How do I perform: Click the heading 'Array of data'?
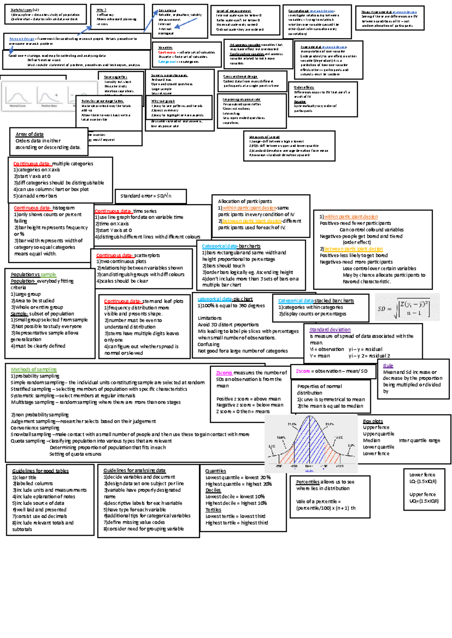pyautogui.click(x=29, y=134)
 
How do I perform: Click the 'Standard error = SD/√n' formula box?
pyautogui.click(x=146, y=196)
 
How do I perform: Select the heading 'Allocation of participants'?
pyautogui.click(x=245, y=201)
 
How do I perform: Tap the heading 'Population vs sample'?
pyautogui.click(x=33, y=275)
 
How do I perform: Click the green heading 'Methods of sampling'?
pyautogui.click(x=34, y=369)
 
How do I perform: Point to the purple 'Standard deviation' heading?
pyautogui.click(x=330, y=330)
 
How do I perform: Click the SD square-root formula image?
pyautogui.click(x=407, y=307)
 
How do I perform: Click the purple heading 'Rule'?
pyautogui.click(x=388, y=366)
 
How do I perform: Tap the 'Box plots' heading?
pyautogui.click(x=373, y=421)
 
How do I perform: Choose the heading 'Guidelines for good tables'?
pyautogui.click(x=40, y=471)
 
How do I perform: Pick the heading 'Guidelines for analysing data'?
pyautogui.click(x=134, y=471)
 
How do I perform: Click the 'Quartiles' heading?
pyautogui.click(x=215, y=471)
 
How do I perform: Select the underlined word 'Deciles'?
pyautogui.click(x=213, y=490)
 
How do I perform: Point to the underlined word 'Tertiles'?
pyautogui.click(x=213, y=510)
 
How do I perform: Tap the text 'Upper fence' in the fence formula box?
pyautogui.click(x=422, y=494)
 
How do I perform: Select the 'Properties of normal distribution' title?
pyautogui.click(x=319, y=389)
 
